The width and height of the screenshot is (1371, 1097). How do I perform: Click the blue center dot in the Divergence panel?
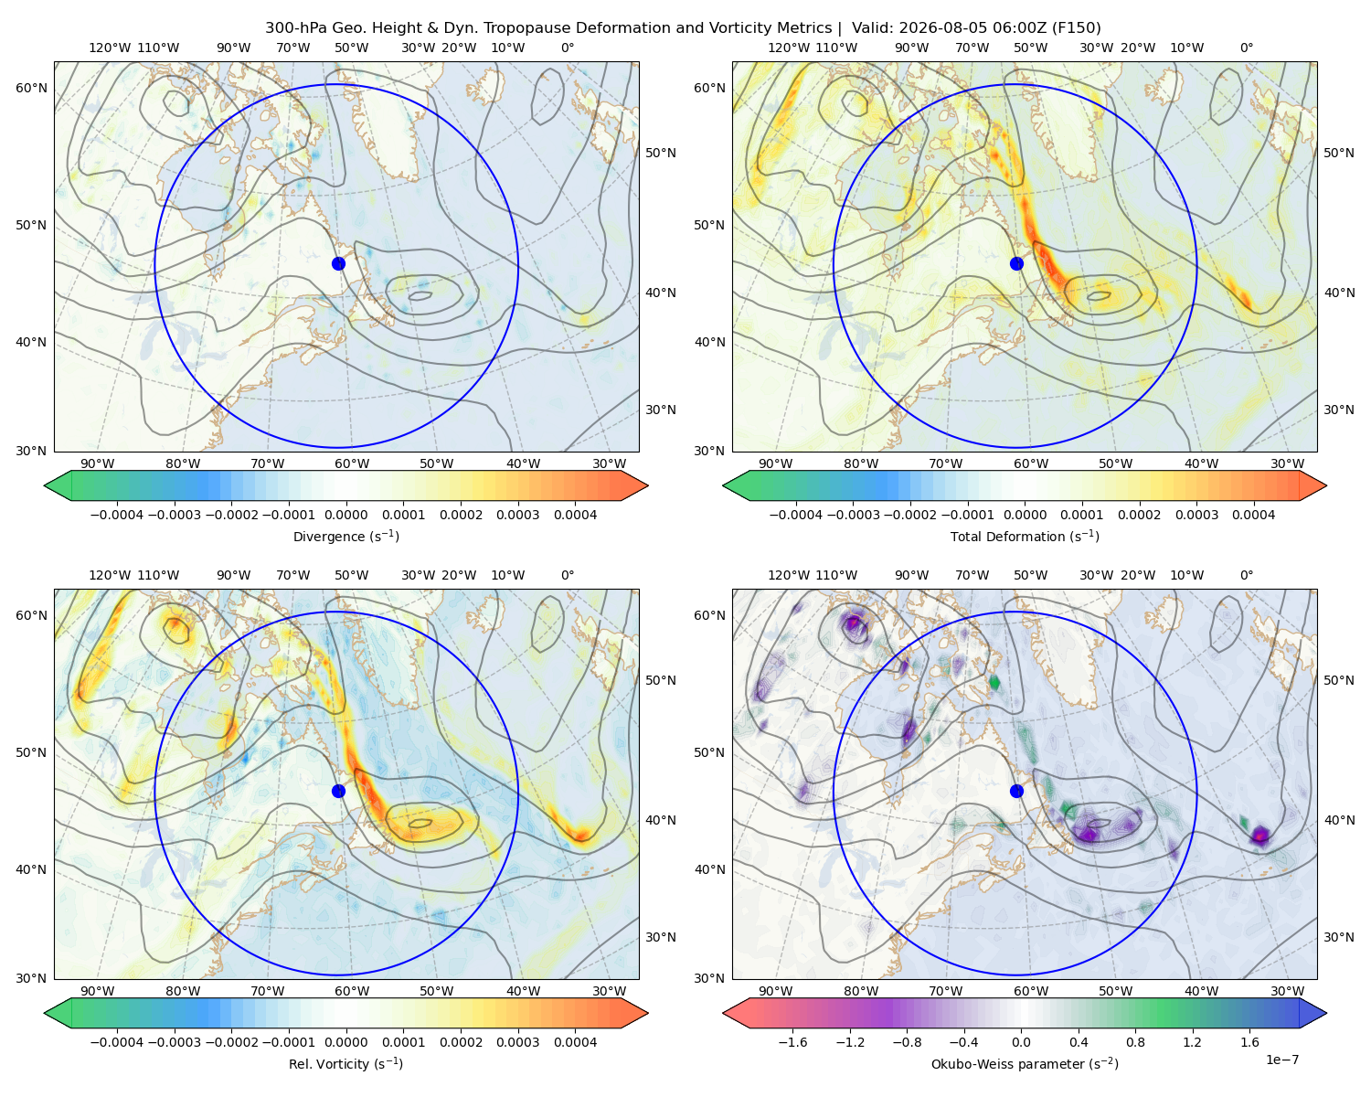click(x=338, y=263)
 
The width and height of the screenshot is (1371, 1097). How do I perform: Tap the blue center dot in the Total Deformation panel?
click(x=1016, y=263)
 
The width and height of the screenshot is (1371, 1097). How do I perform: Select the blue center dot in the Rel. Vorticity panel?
click(x=338, y=791)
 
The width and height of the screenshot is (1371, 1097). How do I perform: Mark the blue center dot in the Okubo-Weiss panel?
click(x=1016, y=791)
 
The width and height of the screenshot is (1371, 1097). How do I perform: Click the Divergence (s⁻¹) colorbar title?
click(x=345, y=536)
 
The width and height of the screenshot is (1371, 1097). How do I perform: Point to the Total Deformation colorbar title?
click(x=1025, y=536)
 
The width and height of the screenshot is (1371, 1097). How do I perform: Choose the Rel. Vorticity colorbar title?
click(x=345, y=1064)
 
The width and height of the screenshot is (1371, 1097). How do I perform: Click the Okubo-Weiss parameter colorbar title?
click(x=1025, y=1064)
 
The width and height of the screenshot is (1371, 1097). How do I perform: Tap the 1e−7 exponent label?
click(x=1281, y=1060)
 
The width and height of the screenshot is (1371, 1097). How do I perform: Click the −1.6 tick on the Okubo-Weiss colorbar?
click(x=793, y=1042)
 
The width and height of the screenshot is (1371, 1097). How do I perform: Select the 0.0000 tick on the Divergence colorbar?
click(x=345, y=515)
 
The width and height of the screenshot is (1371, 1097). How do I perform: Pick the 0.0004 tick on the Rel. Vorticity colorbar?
click(x=575, y=1042)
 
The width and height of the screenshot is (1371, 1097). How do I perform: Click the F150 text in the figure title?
click(x=1077, y=28)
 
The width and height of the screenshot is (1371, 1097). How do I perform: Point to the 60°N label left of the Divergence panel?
click(x=31, y=88)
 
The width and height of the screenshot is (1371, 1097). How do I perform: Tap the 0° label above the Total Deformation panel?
click(x=1247, y=48)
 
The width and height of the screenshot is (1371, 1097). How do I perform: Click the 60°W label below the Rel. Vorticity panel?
click(x=352, y=991)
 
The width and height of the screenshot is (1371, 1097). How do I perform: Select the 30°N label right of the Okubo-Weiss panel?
click(x=1339, y=937)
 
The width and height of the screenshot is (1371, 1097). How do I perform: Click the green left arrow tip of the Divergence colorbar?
click(x=45, y=485)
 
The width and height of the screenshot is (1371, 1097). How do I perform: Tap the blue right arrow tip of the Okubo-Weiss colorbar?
click(x=1326, y=1013)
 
